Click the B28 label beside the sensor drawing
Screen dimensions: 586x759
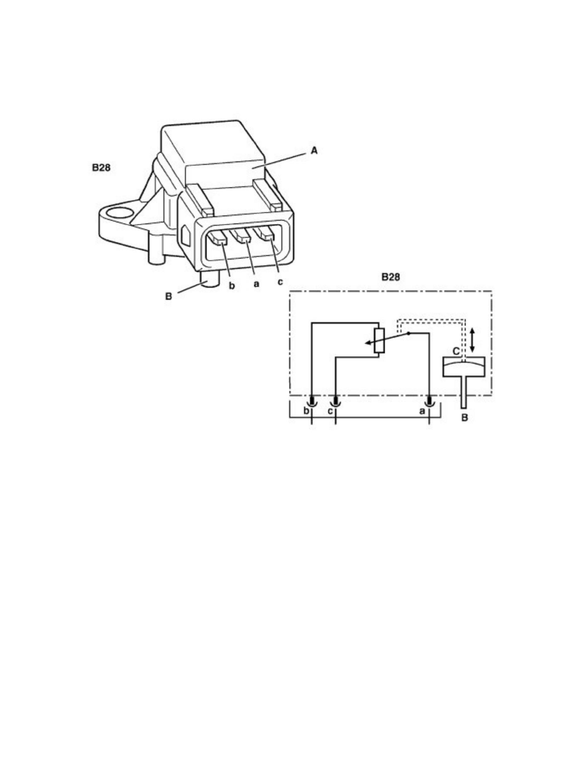(101, 168)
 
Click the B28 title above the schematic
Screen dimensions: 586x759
(391, 277)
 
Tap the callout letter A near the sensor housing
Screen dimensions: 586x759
(314, 151)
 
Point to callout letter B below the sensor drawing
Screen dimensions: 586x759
(169, 296)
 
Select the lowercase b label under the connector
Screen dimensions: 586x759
(232, 286)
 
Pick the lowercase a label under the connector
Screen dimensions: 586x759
(256, 284)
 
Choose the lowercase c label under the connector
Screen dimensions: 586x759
(280, 282)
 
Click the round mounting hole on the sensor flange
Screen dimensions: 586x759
(119, 213)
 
